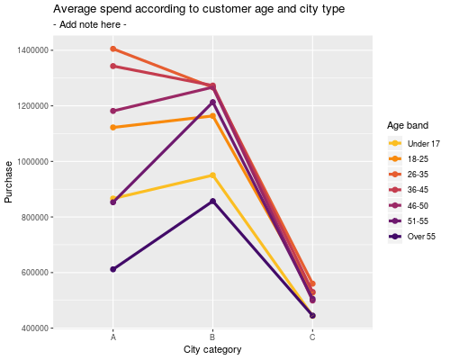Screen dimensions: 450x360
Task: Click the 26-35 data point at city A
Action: [x=113, y=49]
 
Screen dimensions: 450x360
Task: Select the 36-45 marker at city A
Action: [x=113, y=66]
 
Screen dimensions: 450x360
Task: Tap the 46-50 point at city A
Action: [x=113, y=111]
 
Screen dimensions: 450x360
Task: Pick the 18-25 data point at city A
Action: [x=113, y=128]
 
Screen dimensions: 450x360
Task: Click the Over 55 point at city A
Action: [x=113, y=269]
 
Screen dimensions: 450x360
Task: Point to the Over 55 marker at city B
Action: [x=212, y=201]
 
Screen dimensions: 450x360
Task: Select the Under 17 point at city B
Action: [x=212, y=175]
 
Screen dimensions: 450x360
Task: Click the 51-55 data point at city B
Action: [x=212, y=103]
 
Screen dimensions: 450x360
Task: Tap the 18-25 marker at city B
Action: [x=212, y=116]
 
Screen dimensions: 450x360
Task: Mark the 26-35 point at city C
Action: [x=312, y=283]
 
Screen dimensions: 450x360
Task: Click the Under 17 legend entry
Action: [x=414, y=144]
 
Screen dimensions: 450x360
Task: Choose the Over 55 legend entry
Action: [x=412, y=237]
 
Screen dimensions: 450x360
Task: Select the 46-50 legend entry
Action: [x=408, y=206]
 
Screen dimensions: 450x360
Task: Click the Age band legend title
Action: [x=408, y=125]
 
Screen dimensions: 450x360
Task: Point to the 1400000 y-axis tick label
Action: [x=32, y=50]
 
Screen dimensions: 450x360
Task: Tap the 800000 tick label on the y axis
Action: [x=35, y=217]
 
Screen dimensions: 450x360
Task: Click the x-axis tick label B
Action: [x=212, y=337]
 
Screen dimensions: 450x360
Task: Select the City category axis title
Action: [x=212, y=349]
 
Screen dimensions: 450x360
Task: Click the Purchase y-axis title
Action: [x=8, y=182]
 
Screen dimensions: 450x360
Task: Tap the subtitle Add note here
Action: [x=90, y=24]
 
